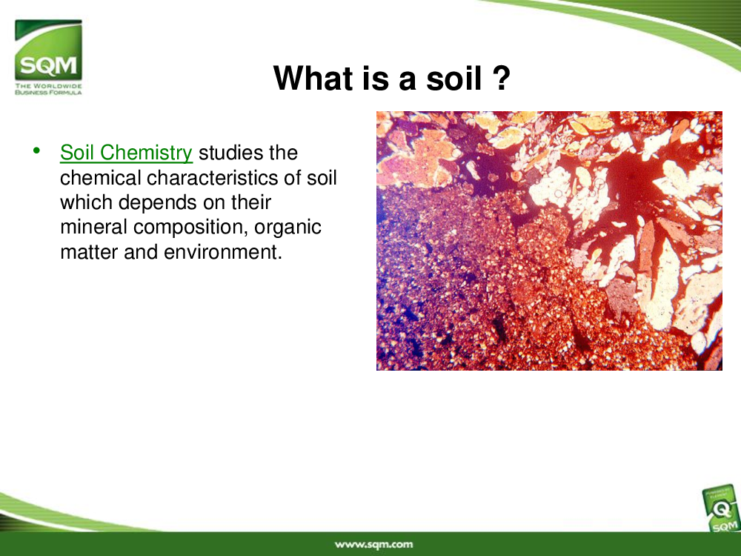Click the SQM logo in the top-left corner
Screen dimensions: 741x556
(x=48, y=57)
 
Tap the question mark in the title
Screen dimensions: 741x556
(x=502, y=78)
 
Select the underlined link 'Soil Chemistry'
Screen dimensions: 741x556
(x=126, y=153)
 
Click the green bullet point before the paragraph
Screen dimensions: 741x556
(x=36, y=150)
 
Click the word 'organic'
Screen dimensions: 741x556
(x=288, y=228)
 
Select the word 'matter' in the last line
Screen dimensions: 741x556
(x=90, y=252)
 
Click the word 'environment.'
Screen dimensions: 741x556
(x=223, y=252)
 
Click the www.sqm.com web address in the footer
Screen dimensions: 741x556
(x=373, y=544)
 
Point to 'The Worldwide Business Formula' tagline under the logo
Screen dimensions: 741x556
(x=48, y=89)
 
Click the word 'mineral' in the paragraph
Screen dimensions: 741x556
(x=94, y=228)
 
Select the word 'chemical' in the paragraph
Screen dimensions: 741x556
(x=101, y=178)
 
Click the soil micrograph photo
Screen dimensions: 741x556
(x=549, y=241)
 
